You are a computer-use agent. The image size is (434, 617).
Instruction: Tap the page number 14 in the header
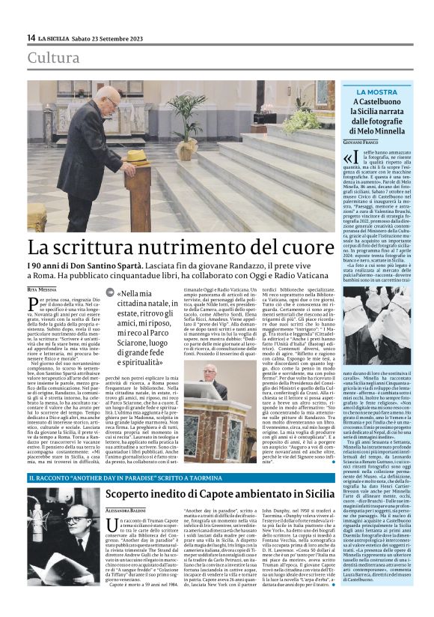(31, 37)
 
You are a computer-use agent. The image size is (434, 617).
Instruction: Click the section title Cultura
(53, 58)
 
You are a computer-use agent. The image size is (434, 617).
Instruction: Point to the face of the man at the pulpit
(210, 373)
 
